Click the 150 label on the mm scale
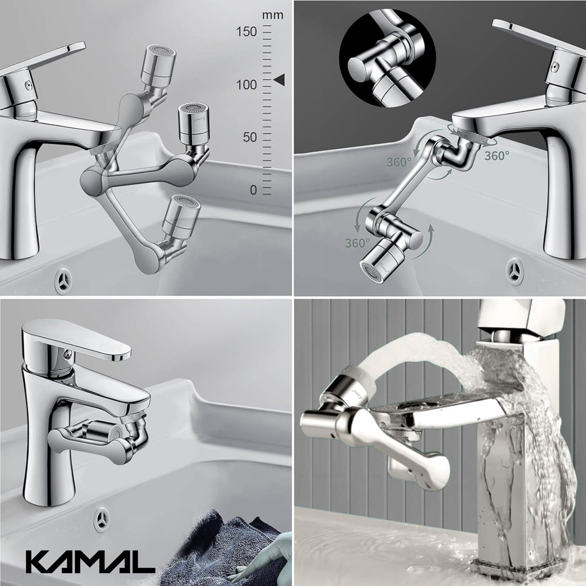246,31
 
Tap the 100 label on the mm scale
246,85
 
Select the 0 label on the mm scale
253,190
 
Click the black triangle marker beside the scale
279,80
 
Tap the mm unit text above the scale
273,15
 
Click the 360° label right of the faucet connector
496,156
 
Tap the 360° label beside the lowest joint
357,243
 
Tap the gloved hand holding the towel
267,555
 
